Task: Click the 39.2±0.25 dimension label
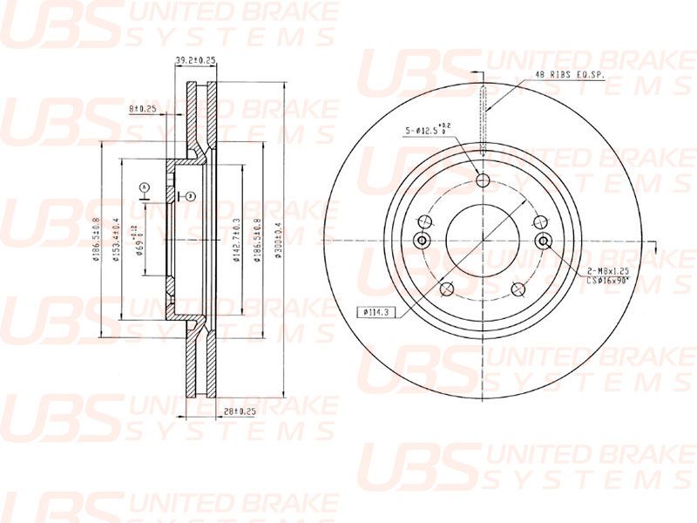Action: click(x=195, y=60)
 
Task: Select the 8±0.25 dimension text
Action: click(x=142, y=109)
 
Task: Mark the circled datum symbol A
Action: click(x=144, y=187)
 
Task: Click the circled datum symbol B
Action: click(x=187, y=194)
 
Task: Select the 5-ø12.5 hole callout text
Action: click(x=427, y=131)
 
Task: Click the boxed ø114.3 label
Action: click(x=375, y=311)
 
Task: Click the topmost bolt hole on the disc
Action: click(x=484, y=181)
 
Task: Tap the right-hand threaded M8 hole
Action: click(x=544, y=241)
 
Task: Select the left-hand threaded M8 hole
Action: click(x=423, y=241)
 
